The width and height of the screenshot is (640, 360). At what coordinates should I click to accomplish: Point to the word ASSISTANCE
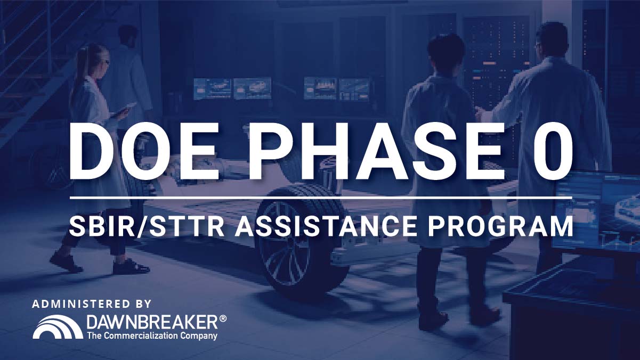pyautogui.click(x=326, y=226)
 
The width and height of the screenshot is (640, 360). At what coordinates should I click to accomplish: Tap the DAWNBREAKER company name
pyautogui.click(x=153, y=322)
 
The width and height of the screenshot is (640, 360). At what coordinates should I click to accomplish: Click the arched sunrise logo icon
pyautogui.click(x=58, y=327)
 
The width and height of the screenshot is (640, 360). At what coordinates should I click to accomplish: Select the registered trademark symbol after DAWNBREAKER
pyautogui.click(x=223, y=318)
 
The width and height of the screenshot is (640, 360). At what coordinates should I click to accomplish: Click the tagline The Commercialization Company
pyautogui.click(x=152, y=336)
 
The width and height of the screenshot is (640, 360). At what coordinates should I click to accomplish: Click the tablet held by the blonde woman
pyautogui.click(x=124, y=110)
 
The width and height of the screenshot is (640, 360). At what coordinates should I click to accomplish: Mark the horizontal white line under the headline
pyautogui.click(x=321, y=198)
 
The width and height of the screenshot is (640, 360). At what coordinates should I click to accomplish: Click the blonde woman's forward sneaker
pyautogui.click(x=131, y=267)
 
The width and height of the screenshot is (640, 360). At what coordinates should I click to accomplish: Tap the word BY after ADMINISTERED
pyautogui.click(x=143, y=304)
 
